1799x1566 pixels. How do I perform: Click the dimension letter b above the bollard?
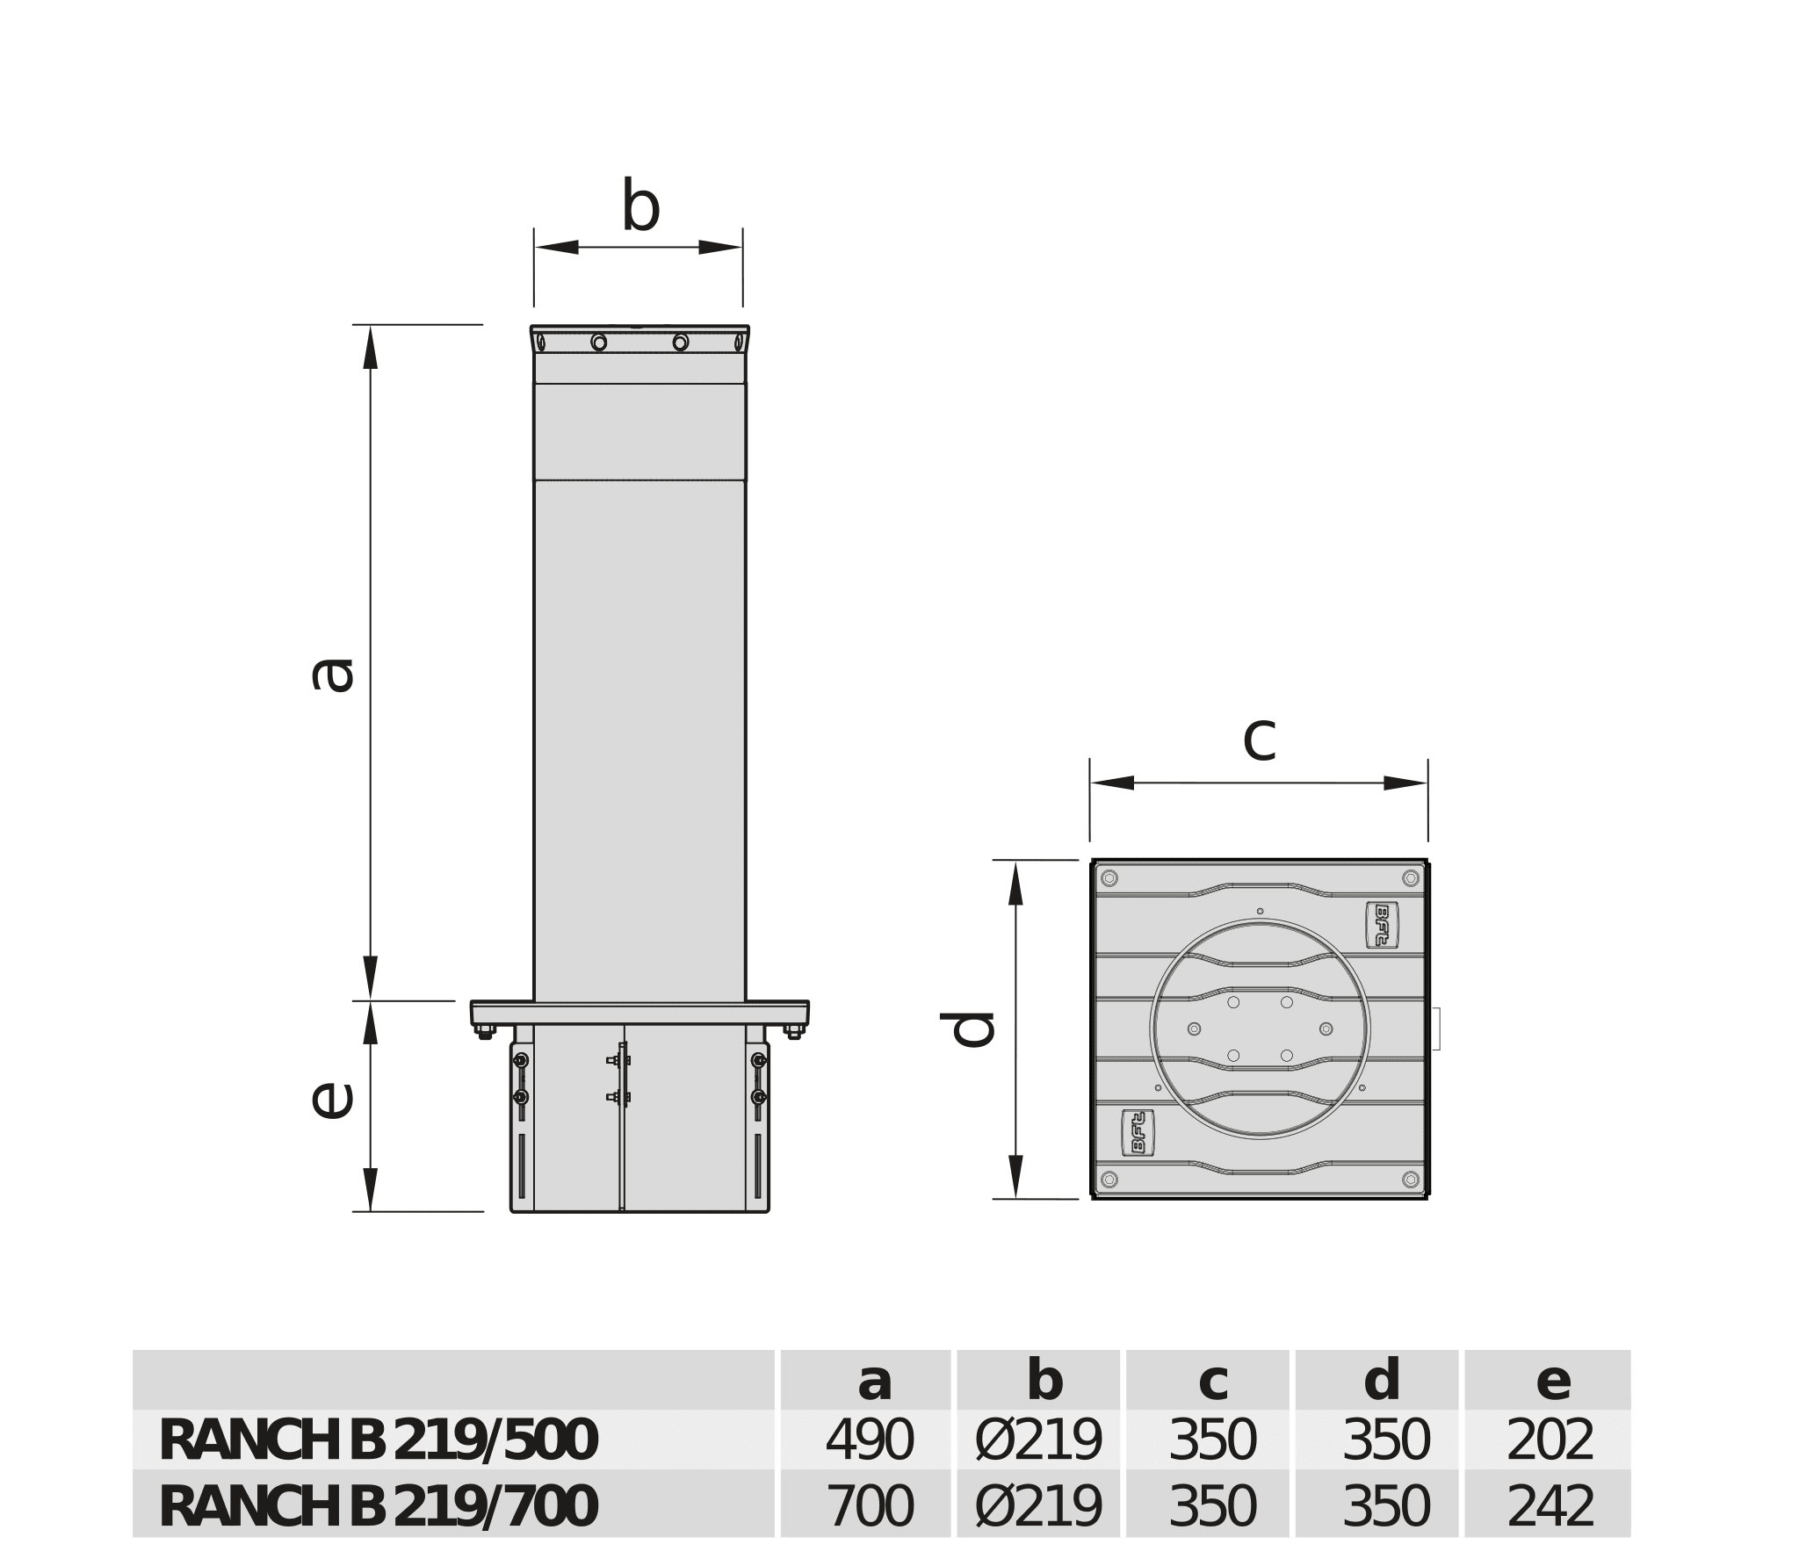click(640, 206)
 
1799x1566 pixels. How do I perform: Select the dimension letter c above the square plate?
click(1259, 738)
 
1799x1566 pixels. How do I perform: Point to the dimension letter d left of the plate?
click(967, 1029)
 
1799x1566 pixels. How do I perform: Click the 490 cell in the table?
click(869, 1441)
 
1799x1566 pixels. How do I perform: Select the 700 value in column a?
click(869, 1507)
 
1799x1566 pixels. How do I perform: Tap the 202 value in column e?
click(1550, 1441)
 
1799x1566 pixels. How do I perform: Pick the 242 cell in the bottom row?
click(1550, 1507)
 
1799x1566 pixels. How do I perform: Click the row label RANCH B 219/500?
click(378, 1441)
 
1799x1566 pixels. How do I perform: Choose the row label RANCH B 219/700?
click(378, 1507)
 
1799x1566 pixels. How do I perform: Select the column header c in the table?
click(1212, 1381)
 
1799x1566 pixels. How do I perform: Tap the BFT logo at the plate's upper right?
click(1382, 925)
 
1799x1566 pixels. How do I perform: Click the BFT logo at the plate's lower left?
click(1138, 1133)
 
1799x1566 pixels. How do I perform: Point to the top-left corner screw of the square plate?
click(1109, 878)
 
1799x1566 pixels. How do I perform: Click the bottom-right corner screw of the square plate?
click(1411, 1180)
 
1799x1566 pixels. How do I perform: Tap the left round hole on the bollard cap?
click(599, 342)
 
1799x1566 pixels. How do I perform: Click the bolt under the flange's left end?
click(485, 1033)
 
